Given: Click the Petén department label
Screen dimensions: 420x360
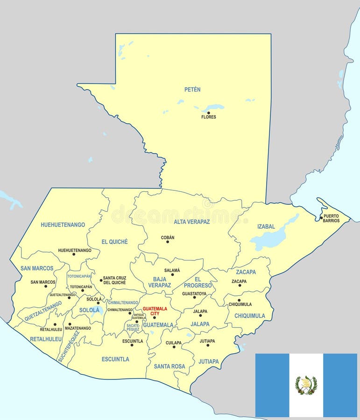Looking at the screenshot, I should (x=192, y=89).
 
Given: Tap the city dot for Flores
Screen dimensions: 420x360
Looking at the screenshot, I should (x=209, y=112).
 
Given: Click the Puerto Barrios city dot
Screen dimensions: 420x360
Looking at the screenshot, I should (x=321, y=217).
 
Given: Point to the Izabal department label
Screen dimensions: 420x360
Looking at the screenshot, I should (x=266, y=226).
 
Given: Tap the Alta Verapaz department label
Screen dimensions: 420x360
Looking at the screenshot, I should (x=192, y=222).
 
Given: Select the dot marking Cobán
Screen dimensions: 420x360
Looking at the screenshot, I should (x=168, y=242).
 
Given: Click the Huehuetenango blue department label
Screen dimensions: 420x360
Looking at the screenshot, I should (x=63, y=224).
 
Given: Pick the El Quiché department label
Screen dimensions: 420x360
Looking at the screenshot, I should (x=114, y=242).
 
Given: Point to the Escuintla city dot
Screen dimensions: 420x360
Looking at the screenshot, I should (x=132, y=345).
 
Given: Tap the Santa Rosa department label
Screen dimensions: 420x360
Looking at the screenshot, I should (x=169, y=366).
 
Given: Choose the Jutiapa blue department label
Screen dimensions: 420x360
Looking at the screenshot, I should (x=208, y=361).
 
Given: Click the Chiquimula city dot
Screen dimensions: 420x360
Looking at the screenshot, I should (x=239, y=300).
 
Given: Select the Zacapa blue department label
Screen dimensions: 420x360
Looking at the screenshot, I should (x=246, y=272).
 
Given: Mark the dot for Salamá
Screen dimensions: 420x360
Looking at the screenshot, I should (x=172, y=274).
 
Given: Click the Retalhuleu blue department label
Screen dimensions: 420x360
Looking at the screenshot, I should (x=46, y=339).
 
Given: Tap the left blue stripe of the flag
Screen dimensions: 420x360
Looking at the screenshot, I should (x=272, y=385).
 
